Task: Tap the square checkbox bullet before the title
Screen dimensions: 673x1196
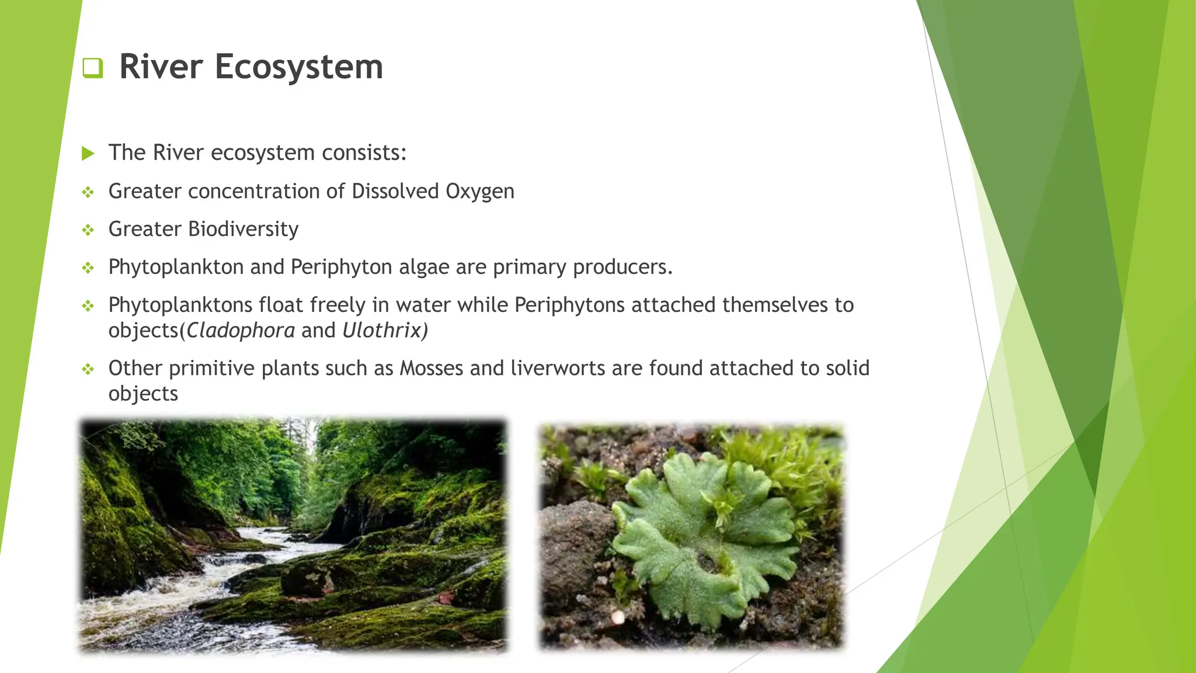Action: [x=92, y=68]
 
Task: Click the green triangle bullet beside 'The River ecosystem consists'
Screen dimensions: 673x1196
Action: [x=88, y=154]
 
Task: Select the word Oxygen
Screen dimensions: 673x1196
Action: [x=479, y=192]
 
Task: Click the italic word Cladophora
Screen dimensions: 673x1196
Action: [x=241, y=331]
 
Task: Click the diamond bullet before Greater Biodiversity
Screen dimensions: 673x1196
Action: [x=88, y=230]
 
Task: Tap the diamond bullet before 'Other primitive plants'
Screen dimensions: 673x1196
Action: [x=88, y=369]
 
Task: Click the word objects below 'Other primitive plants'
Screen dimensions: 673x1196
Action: [x=143, y=394]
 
